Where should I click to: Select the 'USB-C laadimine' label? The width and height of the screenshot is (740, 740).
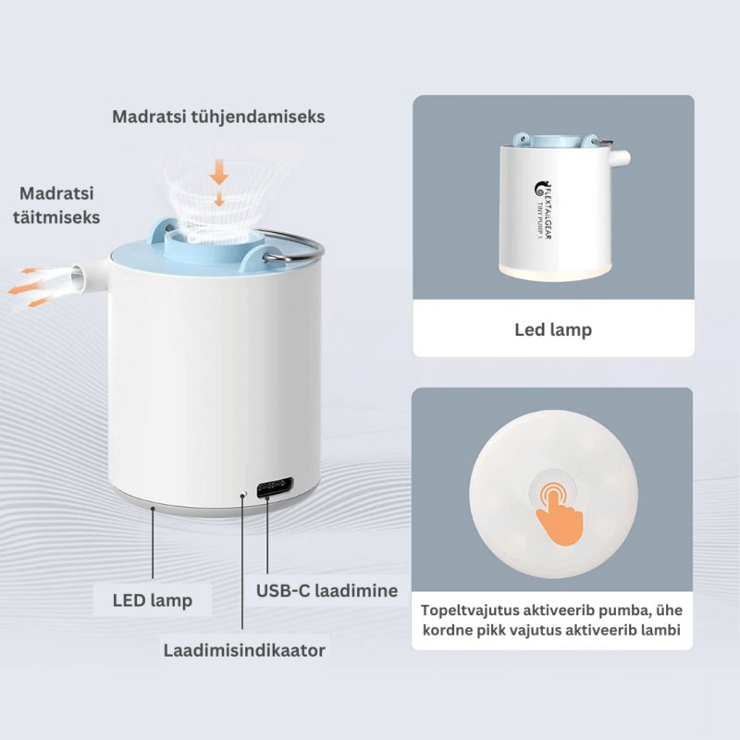coord(327,590)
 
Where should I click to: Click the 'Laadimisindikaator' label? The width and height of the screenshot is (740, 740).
coord(244,650)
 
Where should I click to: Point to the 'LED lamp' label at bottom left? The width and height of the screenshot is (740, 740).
coord(153,600)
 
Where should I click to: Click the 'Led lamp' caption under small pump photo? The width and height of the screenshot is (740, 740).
coord(552,329)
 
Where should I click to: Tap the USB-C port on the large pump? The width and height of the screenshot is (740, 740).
coord(276,487)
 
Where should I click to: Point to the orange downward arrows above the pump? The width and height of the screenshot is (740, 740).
coord(219,182)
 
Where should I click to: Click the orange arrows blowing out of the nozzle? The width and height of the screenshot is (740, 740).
coord(31,281)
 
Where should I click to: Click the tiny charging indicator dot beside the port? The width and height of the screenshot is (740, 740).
coord(243,494)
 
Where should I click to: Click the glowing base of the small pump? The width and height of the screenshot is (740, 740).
coord(552,268)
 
